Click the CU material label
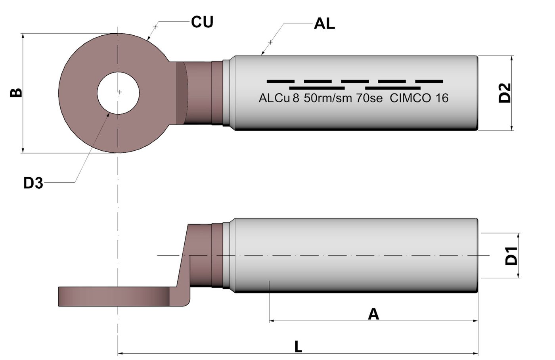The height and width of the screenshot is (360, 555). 202,22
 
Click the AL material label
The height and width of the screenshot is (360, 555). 324,24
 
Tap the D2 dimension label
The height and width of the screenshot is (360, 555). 505,93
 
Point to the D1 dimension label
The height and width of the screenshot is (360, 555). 511,256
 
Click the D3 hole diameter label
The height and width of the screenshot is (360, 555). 33,183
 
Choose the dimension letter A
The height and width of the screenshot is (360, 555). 373,314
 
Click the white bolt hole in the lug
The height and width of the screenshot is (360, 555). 119,93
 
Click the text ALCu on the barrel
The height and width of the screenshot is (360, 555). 274,98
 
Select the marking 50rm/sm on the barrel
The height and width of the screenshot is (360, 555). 328,98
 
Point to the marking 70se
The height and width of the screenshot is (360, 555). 369,98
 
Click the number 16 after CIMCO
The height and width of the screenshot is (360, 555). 442,98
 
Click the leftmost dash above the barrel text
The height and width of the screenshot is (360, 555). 280,81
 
